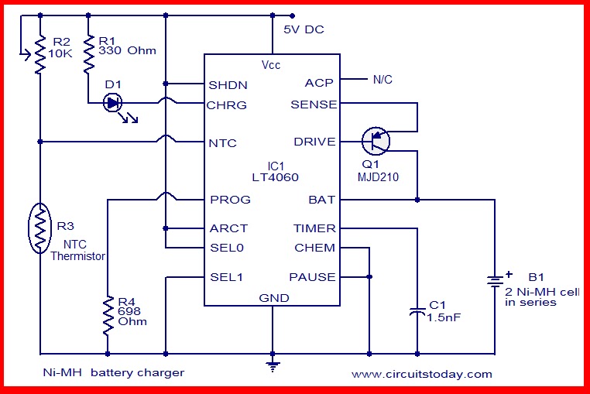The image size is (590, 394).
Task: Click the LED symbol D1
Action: (113, 102)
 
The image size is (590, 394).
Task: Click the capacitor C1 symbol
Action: (417, 311)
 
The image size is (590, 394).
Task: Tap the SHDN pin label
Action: (228, 84)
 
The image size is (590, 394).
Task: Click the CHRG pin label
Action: (228, 104)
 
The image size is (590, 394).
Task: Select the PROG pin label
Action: (230, 200)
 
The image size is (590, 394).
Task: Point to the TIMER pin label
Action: (314, 228)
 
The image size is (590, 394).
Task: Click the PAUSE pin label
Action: (313, 277)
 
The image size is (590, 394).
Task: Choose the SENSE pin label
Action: (314, 104)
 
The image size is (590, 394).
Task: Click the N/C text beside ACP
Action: (383, 79)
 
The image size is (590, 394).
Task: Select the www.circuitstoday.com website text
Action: (421, 374)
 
